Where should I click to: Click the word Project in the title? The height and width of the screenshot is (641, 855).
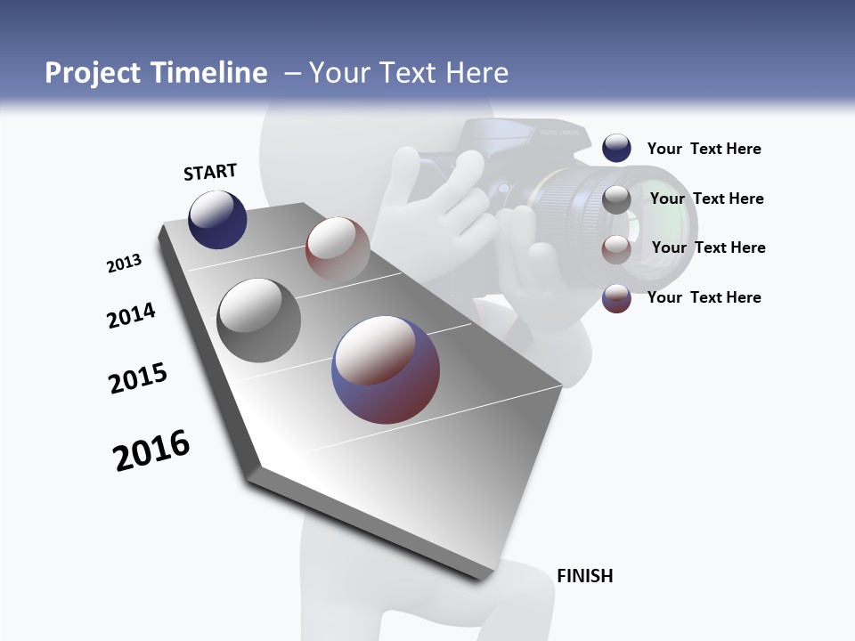pos(93,73)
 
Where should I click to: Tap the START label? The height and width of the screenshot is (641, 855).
pos(210,172)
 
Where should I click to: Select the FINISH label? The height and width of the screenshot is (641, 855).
pos(584,576)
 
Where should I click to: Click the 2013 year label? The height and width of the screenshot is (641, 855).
pos(125,264)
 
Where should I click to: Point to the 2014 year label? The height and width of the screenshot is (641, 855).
pos(132,315)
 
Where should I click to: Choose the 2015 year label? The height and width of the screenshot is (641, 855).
pos(138,377)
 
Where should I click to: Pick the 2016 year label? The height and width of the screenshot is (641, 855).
pos(151,450)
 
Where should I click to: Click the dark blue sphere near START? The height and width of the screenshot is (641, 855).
pos(217,220)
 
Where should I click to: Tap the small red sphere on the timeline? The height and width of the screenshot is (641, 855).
pos(338,248)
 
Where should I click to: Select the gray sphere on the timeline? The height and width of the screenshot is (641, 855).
pos(259,320)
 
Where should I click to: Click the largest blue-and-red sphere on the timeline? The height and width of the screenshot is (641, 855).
pos(386,369)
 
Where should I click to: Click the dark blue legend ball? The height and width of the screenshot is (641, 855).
pos(616,149)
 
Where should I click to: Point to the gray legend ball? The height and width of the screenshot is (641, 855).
pos(616,199)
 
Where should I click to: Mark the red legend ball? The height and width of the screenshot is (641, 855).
pos(616,248)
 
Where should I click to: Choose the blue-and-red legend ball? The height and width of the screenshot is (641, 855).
pos(616,298)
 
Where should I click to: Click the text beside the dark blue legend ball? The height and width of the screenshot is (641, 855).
pos(704,150)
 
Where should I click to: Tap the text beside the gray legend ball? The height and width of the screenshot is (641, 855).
pos(706,199)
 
